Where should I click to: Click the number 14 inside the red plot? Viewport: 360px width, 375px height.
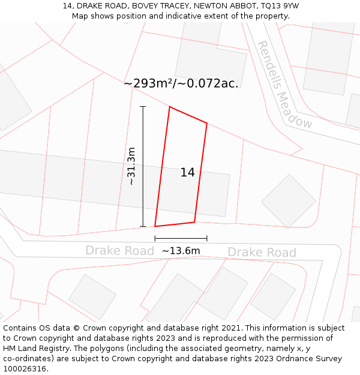(x=187, y=173)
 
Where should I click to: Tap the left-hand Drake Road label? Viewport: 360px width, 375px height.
(x=119, y=250)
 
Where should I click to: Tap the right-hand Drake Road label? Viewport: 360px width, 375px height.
(x=262, y=252)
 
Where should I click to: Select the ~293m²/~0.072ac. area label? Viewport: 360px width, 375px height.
(x=181, y=83)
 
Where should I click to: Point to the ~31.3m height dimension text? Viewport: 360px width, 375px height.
(x=131, y=166)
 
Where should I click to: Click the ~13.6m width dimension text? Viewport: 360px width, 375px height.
(x=181, y=251)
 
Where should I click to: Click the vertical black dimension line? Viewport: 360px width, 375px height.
(x=143, y=166)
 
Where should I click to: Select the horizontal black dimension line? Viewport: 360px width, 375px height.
(x=181, y=239)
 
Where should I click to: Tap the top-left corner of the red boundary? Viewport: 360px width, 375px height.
(x=170, y=107)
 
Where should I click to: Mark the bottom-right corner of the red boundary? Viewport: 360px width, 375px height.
(x=194, y=223)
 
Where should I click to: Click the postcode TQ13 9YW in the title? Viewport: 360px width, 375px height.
(x=280, y=6)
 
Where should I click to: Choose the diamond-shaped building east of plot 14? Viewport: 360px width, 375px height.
(x=288, y=201)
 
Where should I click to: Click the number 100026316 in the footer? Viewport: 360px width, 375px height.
(x=25, y=369)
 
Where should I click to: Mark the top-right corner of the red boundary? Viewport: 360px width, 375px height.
(x=207, y=124)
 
